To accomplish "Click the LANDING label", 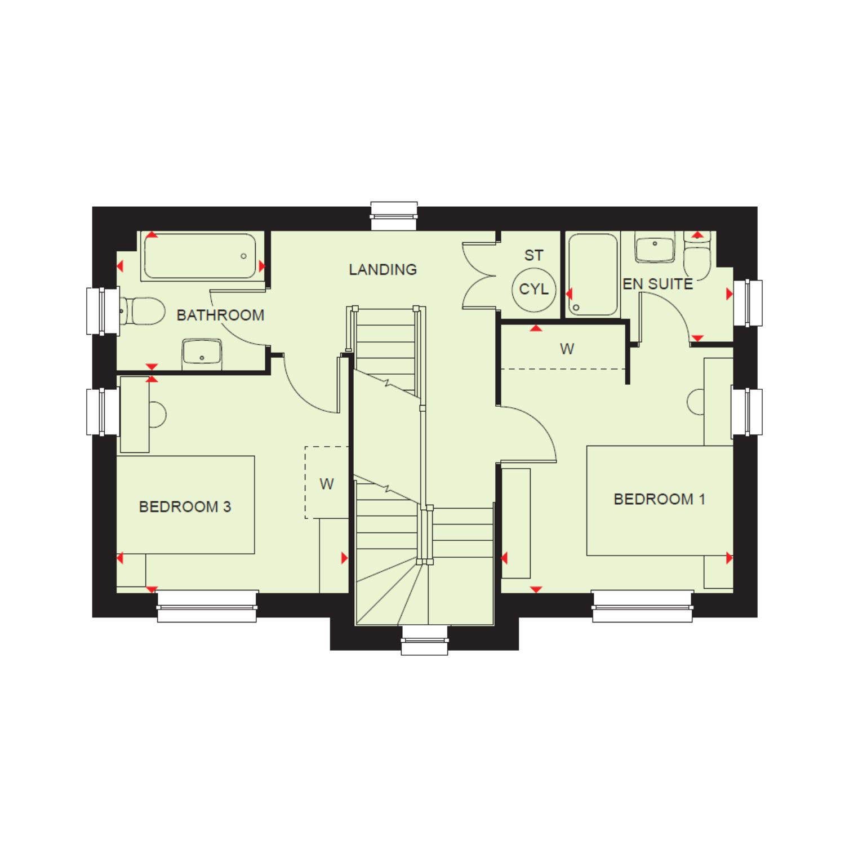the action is (x=383, y=270).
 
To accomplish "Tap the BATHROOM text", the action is (x=220, y=315).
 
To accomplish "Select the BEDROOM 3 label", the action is (x=185, y=507).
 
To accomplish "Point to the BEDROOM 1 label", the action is (x=659, y=499).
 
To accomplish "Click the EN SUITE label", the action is (x=658, y=284).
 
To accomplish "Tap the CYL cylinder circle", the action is (x=533, y=290).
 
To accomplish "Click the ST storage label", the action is (x=533, y=256).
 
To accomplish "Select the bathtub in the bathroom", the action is (x=199, y=256).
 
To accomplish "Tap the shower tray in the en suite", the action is (x=593, y=274).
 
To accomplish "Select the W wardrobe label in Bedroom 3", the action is (x=327, y=483).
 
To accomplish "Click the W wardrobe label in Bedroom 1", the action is (x=567, y=349).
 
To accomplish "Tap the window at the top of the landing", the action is (x=394, y=216).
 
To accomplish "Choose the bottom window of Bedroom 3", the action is (x=207, y=606).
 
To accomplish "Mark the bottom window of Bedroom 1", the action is (x=643, y=606).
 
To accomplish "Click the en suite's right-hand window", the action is (x=748, y=303).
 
